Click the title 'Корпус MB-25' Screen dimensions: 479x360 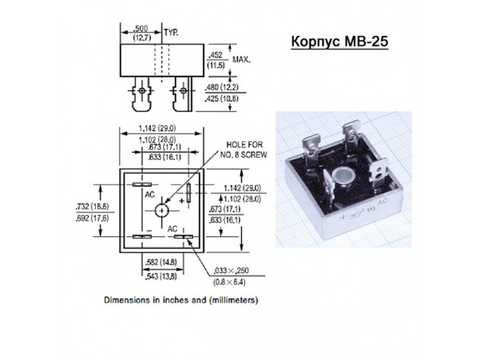[339, 42]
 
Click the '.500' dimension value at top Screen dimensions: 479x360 [141, 29]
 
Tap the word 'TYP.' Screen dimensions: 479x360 [171, 33]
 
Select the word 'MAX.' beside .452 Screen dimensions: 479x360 [241, 59]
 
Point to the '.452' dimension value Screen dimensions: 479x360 [216, 55]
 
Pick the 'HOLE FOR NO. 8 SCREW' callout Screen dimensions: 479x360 [243, 149]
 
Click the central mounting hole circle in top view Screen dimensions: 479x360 [161, 211]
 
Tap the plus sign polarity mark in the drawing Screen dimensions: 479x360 [182, 200]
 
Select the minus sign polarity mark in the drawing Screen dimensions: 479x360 [148, 230]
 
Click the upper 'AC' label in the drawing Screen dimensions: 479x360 [150, 195]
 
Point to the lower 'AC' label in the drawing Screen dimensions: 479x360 [172, 229]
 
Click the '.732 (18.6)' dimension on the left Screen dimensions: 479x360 [93, 207]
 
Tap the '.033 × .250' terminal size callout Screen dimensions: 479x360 [231, 271]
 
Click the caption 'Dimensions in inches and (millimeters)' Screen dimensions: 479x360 [181, 300]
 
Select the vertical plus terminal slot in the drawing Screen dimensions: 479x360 [188, 192]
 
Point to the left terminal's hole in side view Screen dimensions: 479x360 [142, 91]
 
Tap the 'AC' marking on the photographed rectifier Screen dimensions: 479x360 [382, 202]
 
